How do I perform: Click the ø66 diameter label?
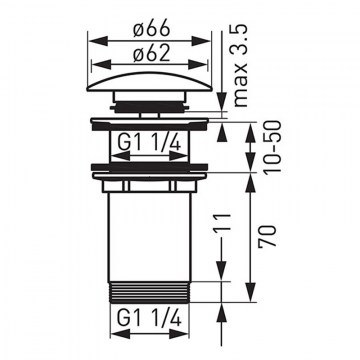coord(152,30)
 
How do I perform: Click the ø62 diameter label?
coord(152,54)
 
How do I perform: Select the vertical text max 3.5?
coord(241,66)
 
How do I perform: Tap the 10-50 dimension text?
coord(272,147)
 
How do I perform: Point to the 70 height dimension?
coord(267,236)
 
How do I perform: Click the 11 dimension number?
coord(223,222)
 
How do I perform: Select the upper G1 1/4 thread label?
coord(149,144)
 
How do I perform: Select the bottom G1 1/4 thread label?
coord(149,319)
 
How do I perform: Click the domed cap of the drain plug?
coord(149,82)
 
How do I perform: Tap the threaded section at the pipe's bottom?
coord(150,292)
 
